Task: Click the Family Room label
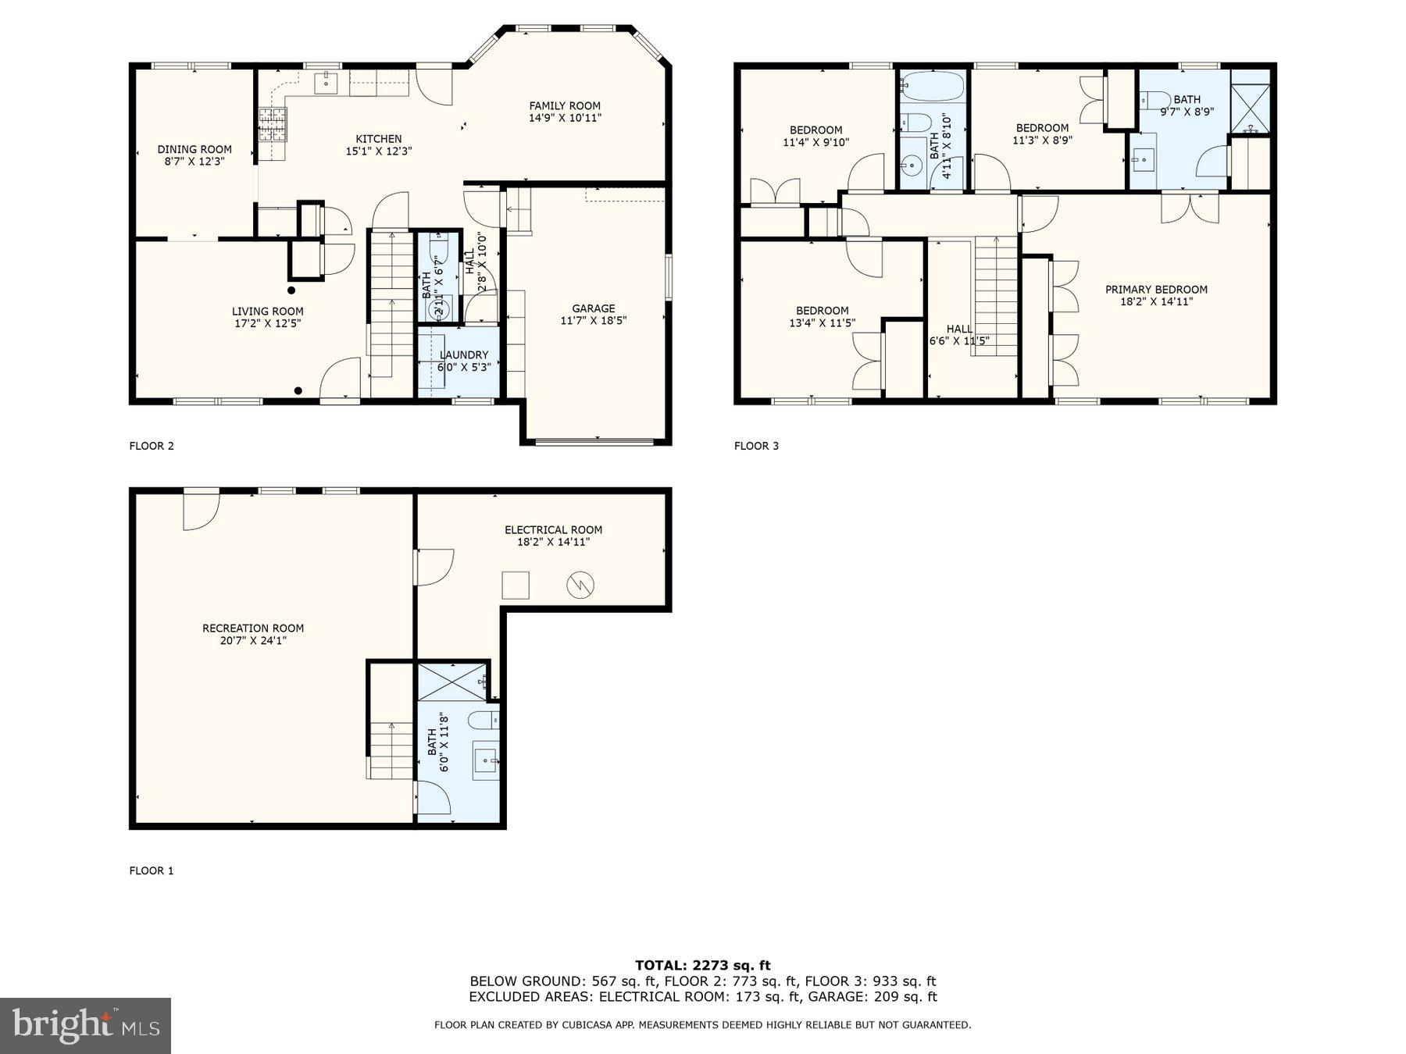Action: [x=564, y=106]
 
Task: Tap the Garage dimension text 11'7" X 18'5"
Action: [x=593, y=320]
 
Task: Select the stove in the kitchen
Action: [x=273, y=123]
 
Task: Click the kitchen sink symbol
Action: [x=326, y=81]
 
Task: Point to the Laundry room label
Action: [x=464, y=354]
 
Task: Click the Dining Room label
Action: [x=194, y=149]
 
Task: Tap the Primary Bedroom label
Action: [x=1156, y=290]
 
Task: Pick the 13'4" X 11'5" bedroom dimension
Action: [x=822, y=322]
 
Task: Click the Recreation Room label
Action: [x=253, y=628]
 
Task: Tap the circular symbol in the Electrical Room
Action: [x=580, y=584]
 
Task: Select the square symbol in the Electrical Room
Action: [x=516, y=585]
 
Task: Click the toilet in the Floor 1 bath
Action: [x=484, y=719]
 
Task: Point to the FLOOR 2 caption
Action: [x=152, y=446]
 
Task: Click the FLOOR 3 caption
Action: [x=756, y=446]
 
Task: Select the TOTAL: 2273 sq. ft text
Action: [x=702, y=966]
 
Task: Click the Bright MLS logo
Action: [x=85, y=1025]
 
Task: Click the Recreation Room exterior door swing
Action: [x=200, y=511]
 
